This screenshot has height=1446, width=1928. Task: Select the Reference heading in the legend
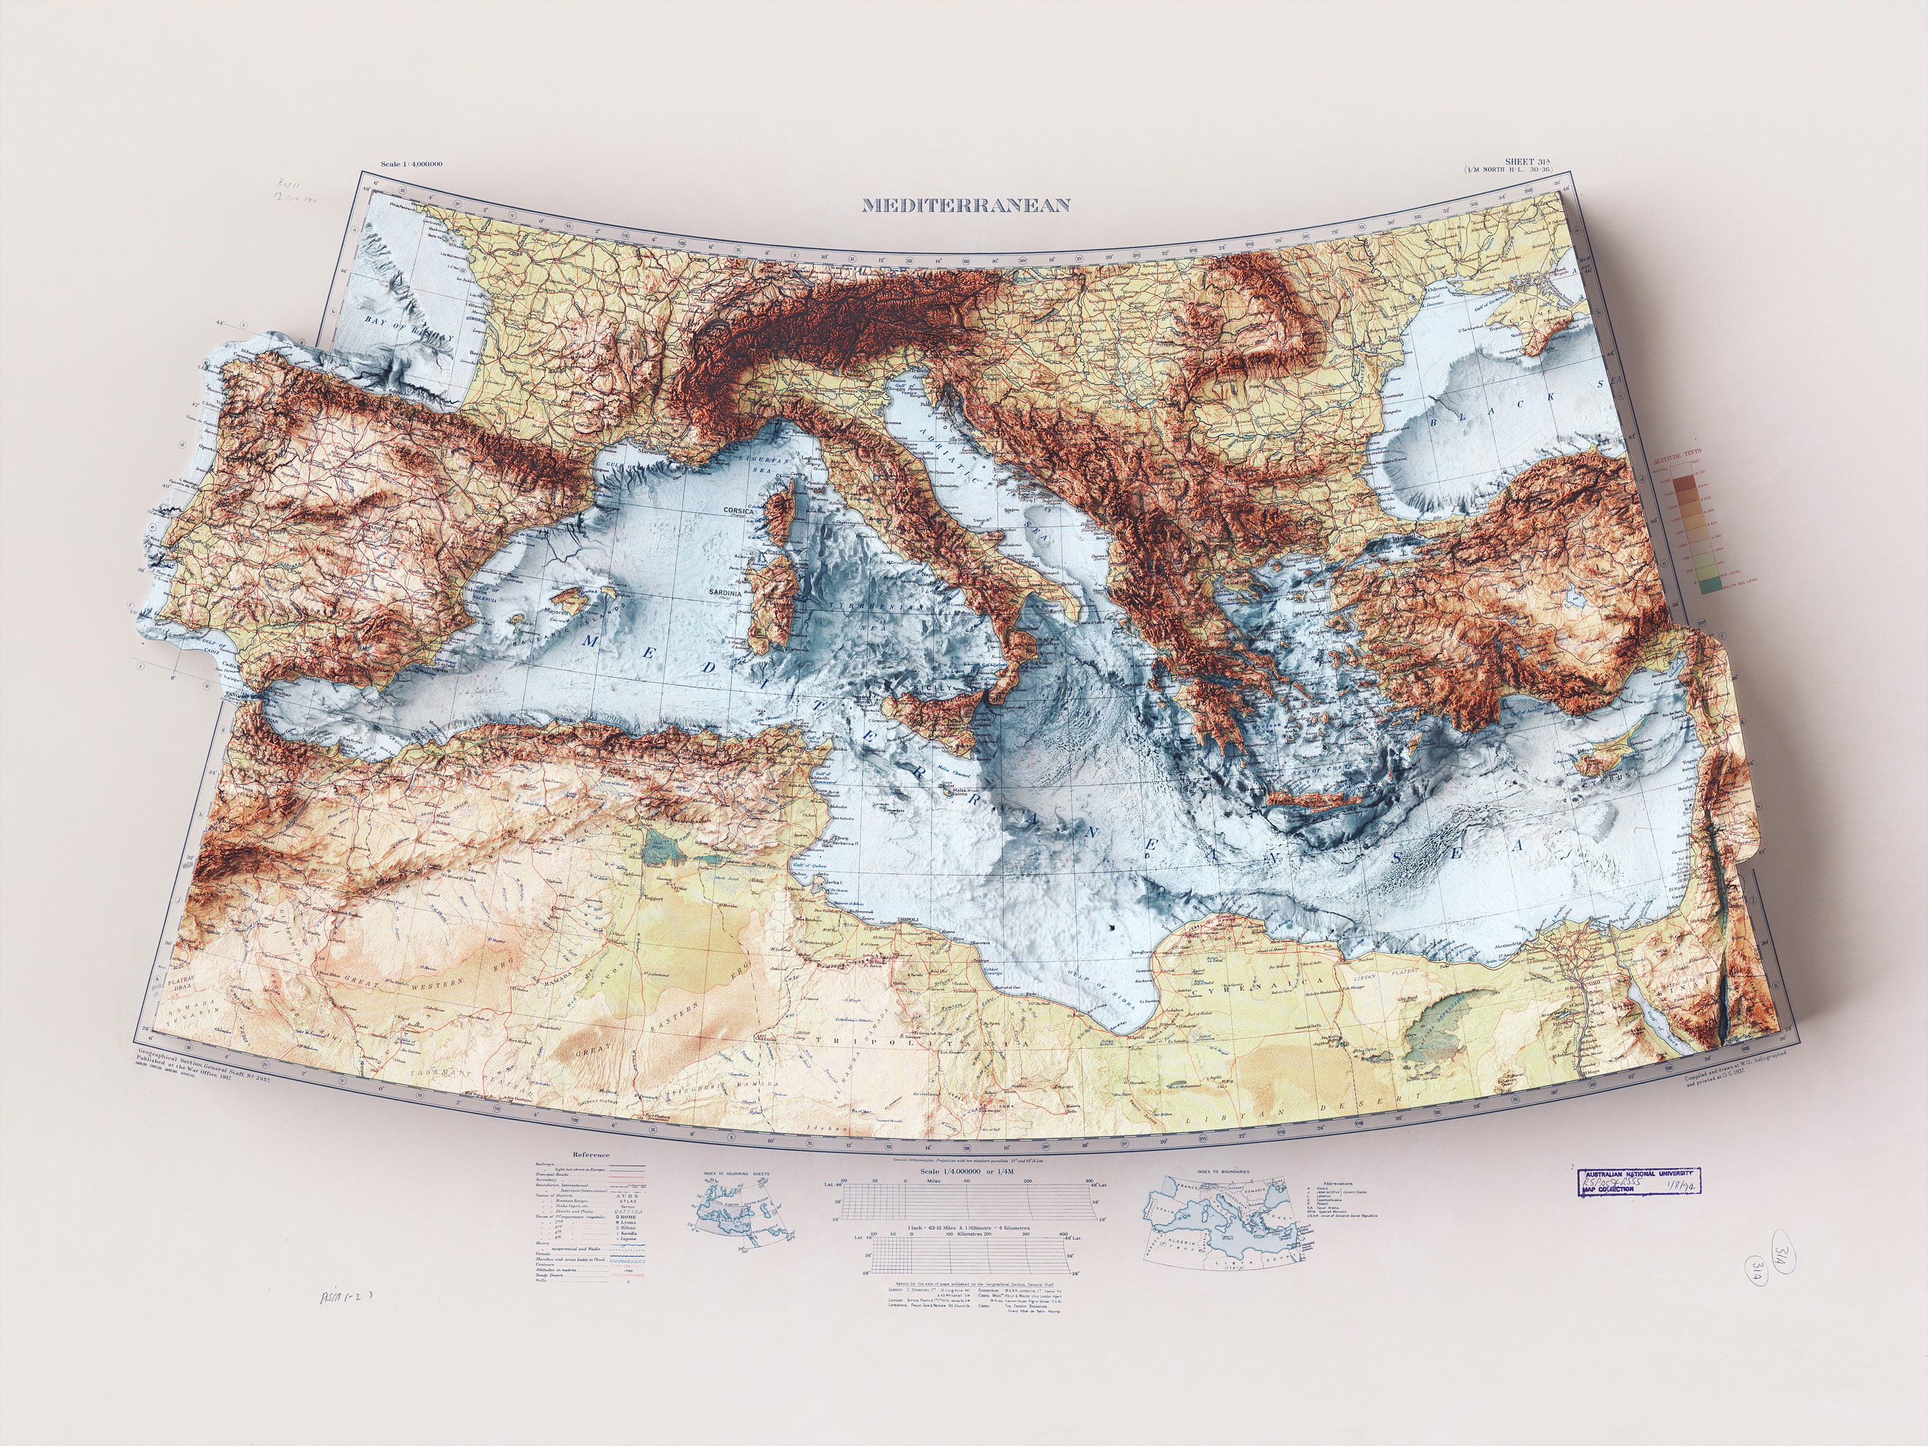591,1155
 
